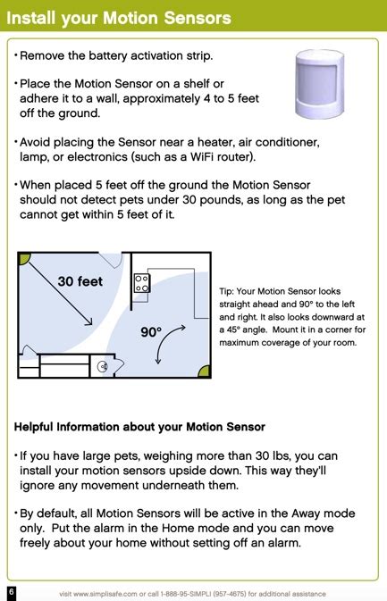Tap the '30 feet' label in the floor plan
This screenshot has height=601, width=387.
pos(80,281)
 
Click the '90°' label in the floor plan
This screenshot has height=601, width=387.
pos(151,332)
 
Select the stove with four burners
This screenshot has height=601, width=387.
pos(141,284)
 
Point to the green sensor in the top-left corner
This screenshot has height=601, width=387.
pos(24,259)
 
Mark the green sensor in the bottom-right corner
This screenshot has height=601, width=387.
pos(204,371)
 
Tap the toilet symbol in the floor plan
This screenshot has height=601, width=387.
pos(103,366)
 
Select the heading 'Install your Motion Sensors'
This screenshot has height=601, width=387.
pos(119,18)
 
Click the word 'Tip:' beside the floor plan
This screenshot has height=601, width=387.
pos(227,291)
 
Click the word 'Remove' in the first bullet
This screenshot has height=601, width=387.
pos(43,56)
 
